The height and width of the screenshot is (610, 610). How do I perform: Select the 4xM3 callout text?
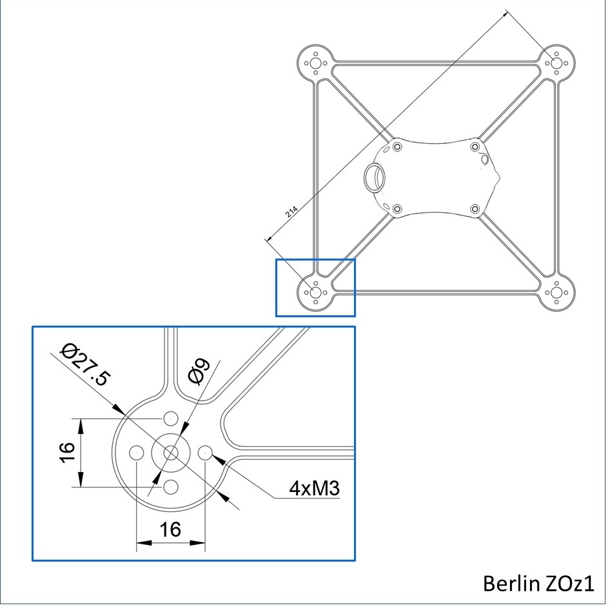click(x=314, y=487)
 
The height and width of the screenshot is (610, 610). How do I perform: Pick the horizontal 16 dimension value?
click(x=170, y=530)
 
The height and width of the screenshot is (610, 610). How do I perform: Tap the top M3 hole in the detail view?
click(x=170, y=418)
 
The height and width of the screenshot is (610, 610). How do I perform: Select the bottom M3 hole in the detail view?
click(x=170, y=487)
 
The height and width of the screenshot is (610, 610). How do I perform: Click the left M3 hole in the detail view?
click(x=136, y=453)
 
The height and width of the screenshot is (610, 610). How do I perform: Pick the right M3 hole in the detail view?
click(x=205, y=453)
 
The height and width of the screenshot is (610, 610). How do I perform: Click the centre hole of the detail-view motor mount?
click(x=170, y=453)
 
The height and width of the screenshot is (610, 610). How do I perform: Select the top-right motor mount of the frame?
click(x=556, y=63)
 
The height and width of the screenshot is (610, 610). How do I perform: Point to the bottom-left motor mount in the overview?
click(x=316, y=292)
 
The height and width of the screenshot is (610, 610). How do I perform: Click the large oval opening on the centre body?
click(x=375, y=175)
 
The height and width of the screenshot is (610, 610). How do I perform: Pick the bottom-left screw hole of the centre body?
click(x=397, y=208)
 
